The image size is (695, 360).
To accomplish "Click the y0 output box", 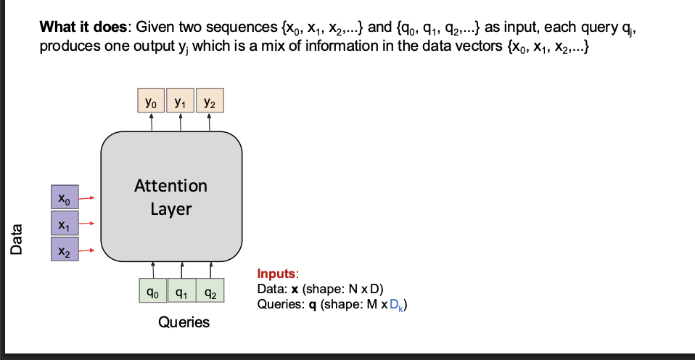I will coord(150,101).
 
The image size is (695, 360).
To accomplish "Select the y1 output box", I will coord(180,101).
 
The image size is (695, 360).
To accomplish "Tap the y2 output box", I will coord(209,101).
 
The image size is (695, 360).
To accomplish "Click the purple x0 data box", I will coord(65,197).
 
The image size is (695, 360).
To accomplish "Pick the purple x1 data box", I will coord(65,224).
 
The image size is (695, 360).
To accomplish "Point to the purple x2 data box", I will coord(65,251).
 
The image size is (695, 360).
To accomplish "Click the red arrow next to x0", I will coord(88,197).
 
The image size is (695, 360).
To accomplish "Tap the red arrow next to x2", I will coord(88,251).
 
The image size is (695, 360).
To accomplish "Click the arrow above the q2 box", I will coord(210,269).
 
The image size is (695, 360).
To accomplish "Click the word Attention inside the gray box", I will coord(170,185).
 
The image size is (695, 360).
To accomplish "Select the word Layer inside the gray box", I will coord(170,210).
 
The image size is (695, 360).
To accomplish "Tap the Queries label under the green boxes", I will coord(184,322).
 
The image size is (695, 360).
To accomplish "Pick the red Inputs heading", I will coord(276,274).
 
